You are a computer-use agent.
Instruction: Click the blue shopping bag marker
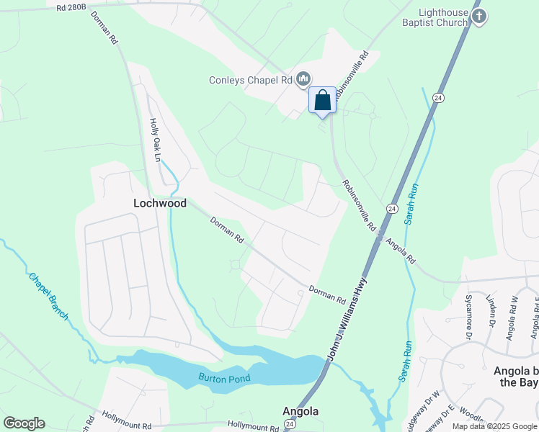click(x=322, y=100)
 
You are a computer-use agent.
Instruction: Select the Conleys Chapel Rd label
click(x=250, y=80)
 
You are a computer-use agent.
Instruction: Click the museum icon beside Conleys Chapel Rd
click(x=303, y=79)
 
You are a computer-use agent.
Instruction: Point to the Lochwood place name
click(x=160, y=203)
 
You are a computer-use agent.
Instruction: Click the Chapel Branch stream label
click(x=48, y=296)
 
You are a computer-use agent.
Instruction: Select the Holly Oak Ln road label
click(x=153, y=138)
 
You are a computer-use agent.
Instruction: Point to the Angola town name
click(x=300, y=412)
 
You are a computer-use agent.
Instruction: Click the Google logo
click(x=24, y=423)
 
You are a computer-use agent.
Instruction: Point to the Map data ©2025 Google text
click(x=494, y=426)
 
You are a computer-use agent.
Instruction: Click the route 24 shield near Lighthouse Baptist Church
click(x=437, y=97)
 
